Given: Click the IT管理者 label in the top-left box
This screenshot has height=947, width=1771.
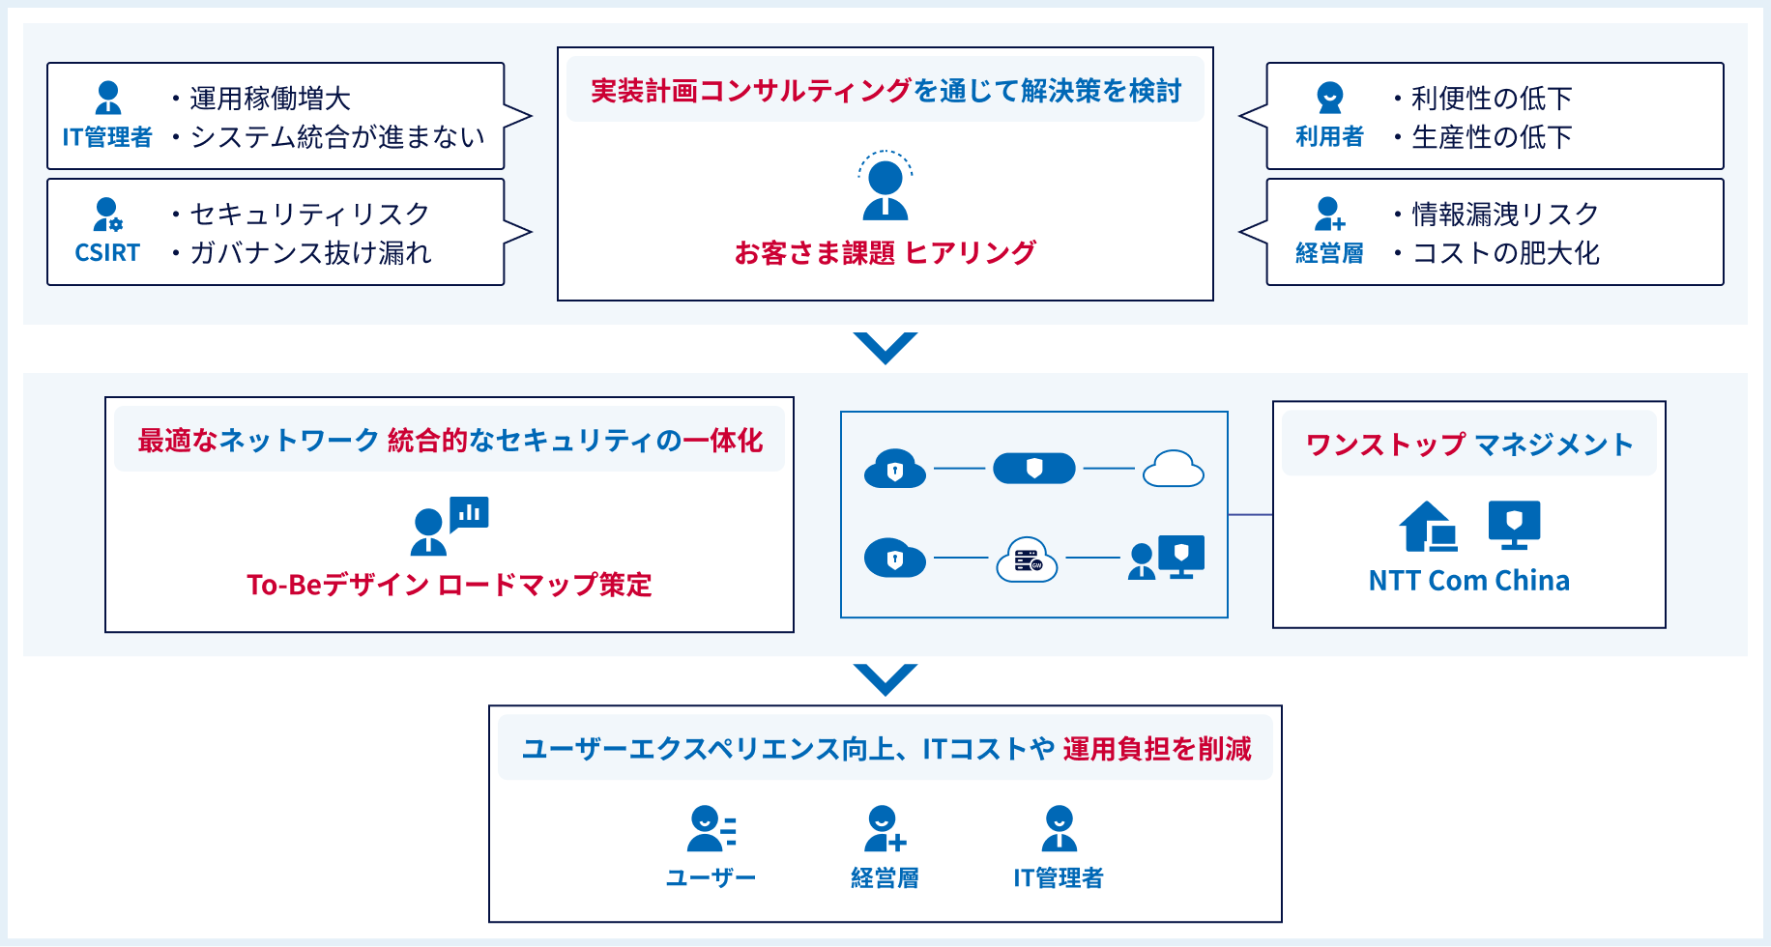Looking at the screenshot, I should click(106, 137).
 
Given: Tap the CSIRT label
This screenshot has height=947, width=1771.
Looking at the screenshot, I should click(107, 253).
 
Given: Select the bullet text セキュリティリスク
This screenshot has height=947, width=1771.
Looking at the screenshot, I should click(309, 214).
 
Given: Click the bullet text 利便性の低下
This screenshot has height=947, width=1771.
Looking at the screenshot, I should click(1491, 98).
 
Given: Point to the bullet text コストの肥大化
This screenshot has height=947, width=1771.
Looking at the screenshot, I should click(1505, 253).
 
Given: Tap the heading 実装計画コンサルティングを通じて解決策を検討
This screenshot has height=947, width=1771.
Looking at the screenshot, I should click(885, 91).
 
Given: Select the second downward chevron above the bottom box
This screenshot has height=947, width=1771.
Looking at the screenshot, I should click(885, 679).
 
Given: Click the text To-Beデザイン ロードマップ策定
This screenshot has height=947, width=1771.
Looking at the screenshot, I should click(450, 585).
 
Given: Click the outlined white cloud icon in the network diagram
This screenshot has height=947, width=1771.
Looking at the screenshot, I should click(1173, 469).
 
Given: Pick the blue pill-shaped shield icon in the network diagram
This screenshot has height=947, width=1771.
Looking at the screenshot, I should click(1033, 469).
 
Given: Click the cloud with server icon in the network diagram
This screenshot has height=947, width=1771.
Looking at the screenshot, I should click(1027, 559).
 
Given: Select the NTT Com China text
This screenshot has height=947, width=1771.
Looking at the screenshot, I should click(1468, 581).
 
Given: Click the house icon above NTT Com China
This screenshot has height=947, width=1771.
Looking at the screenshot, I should click(1428, 527).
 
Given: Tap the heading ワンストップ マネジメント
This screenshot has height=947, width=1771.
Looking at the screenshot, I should click(1468, 445).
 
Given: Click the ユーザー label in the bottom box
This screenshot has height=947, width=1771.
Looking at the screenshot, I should click(711, 877).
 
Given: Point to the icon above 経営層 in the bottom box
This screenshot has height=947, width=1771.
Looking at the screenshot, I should click(885, 829).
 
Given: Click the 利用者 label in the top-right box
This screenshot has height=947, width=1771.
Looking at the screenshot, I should click(1329, 137).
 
